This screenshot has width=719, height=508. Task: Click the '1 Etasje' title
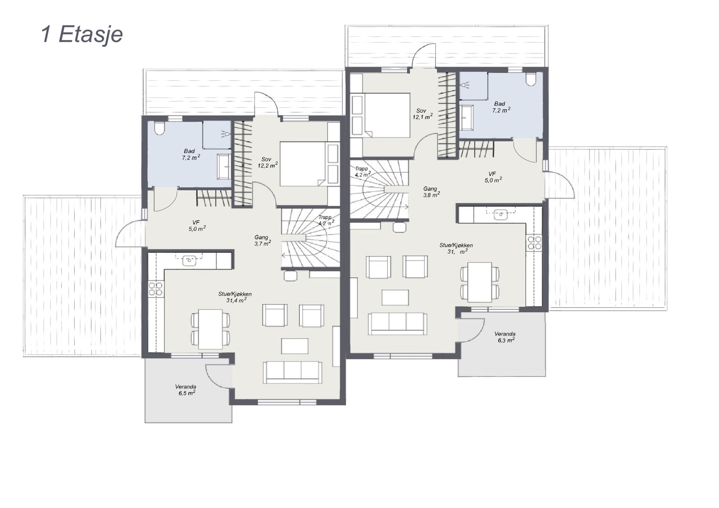(x=82, y=35)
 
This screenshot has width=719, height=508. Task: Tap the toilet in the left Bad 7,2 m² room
(x=159, y=128)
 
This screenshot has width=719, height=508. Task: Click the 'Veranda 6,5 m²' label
(x=186, y=390)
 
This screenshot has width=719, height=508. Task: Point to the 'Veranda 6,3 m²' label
(x=505, y=337)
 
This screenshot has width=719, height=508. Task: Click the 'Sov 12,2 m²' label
(x=267, y=163)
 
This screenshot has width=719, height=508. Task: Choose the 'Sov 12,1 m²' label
(x=422, y=114)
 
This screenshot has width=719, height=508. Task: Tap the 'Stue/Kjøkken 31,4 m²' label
(x=235, y=297)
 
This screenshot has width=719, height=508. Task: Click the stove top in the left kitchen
(x=155, y=289)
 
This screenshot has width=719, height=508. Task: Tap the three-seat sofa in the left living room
(x=293, y=372)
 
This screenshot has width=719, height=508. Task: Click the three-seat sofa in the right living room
(x=397, y=324)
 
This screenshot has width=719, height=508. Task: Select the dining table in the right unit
(x=479, y=283)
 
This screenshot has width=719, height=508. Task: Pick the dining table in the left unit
(x=210, y=329)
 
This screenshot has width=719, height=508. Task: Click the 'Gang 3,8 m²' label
(x=431, y=192)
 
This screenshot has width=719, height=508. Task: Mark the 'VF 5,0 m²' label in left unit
(x=197, y=225)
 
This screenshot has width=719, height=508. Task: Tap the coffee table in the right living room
(x=395, y=297)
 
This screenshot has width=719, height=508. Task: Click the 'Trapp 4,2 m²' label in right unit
(x=363, y=172)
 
